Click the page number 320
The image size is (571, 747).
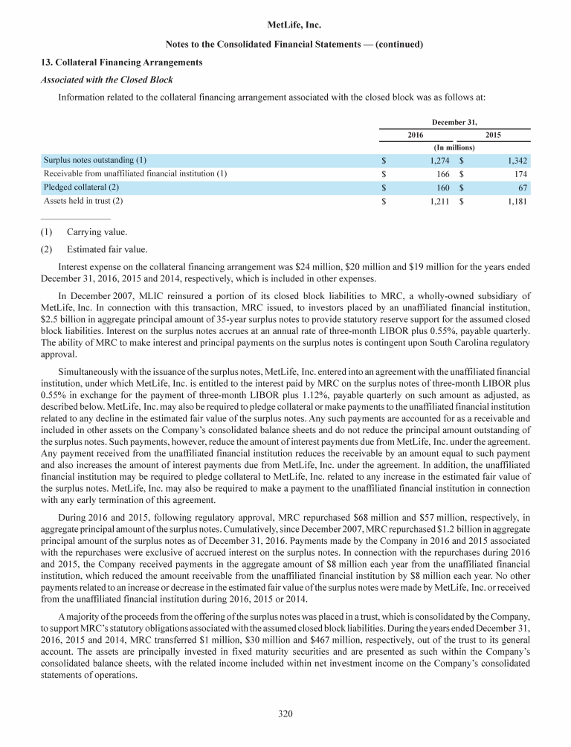click(x=285, y=714)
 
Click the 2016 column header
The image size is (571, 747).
click(x=416, y=134)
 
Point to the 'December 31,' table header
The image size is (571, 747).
click(x=454, y=120)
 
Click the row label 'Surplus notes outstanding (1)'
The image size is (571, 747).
click(x=95, y=160)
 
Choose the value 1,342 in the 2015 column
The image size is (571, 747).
click(x=517, y=160)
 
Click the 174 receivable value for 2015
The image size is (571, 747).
click(x=522, y=173)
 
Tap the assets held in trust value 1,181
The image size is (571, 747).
click(x=517, y=200)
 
